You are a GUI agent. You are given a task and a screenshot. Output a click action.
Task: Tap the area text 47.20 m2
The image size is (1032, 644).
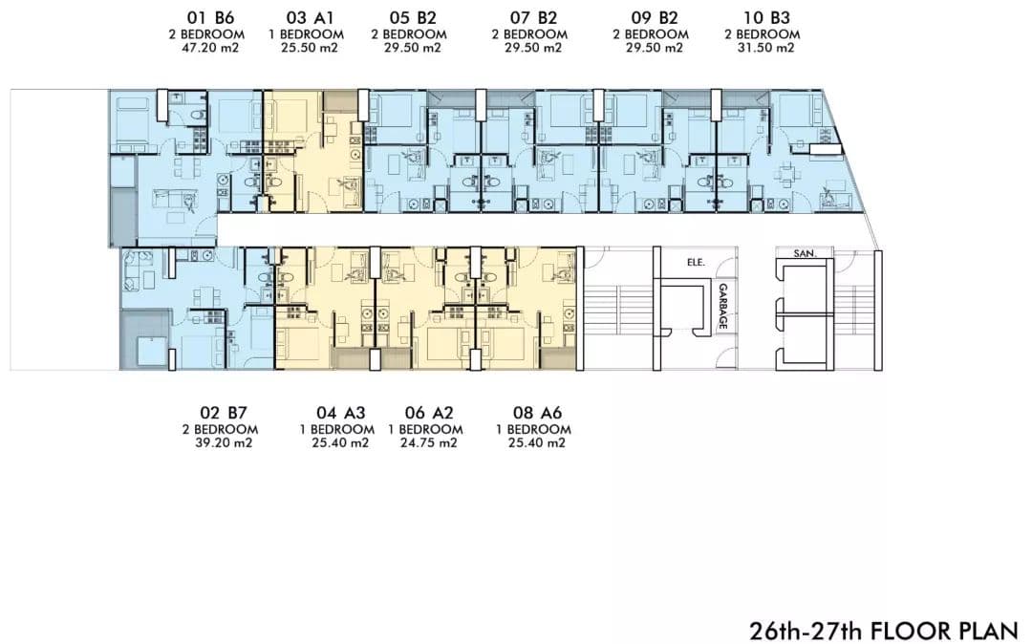pos(209,48)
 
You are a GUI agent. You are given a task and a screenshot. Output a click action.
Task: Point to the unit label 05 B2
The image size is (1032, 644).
pos(412,18)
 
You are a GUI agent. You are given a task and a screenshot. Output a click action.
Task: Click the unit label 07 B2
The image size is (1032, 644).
pos(533,18)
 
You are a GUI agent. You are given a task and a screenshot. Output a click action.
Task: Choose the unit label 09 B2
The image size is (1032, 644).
pos(654,18)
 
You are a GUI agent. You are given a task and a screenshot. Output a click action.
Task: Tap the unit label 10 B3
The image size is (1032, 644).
pos(765,18)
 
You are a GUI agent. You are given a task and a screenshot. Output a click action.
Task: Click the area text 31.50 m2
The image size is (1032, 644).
pos(764,48)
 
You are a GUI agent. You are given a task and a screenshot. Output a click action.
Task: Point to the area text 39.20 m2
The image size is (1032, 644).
pos(223,442)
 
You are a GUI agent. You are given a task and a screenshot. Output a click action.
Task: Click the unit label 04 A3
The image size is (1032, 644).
pos(340,413)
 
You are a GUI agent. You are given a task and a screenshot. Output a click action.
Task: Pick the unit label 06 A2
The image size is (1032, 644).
pos(429,413)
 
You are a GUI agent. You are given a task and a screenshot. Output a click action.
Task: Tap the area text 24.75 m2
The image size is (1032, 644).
pos(428,442)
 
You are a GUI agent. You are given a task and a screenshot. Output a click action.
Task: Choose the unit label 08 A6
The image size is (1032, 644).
pos(537,413)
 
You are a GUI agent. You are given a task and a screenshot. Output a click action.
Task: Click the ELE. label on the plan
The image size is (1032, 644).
pos(696,263)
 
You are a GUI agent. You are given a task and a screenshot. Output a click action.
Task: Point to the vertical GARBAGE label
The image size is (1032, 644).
pos(722,306)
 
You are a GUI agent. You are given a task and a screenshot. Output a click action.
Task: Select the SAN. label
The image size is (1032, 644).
pos(805,253)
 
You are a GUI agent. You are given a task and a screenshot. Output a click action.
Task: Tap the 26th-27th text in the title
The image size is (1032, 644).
pos(807,631)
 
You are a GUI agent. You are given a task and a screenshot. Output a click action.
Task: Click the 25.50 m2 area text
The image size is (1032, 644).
pos(310,48)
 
